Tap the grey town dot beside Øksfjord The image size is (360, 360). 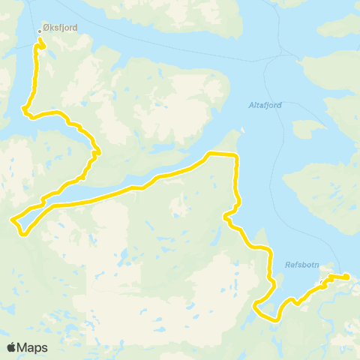40,31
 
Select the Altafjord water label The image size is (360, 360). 265,106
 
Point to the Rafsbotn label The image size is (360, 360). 302,264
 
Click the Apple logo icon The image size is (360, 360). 12,347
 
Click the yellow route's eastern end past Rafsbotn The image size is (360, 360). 348,278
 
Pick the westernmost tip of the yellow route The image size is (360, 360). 12,220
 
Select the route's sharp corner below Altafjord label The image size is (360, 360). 236,155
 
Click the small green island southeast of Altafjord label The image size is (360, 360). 306,129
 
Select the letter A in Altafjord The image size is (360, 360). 251,106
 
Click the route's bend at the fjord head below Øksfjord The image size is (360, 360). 26,112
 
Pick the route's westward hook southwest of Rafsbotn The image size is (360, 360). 256,304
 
